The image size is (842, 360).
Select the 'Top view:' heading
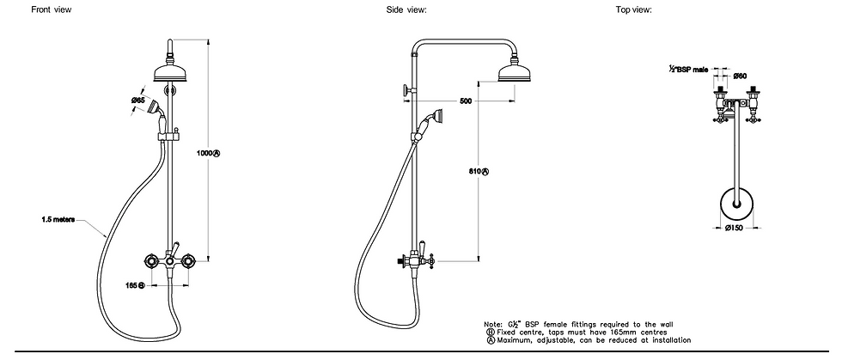[x=633, y=9]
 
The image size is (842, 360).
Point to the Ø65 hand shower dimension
[x=137, y=101]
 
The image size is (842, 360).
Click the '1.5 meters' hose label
[x=58, y=220]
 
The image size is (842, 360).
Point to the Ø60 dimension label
[x=741, y=76]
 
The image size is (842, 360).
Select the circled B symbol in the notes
[x=489, y=332]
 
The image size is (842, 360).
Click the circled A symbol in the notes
[x=489, y=339]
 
